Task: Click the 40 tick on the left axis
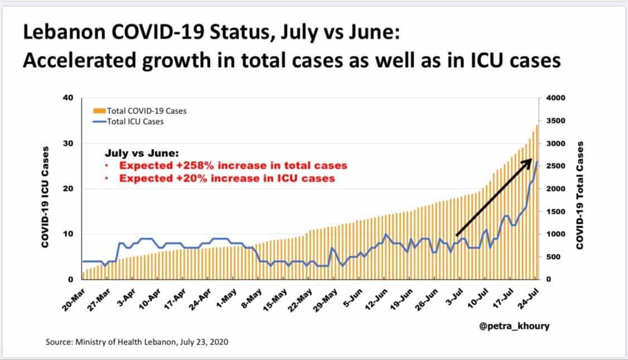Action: tap(70, 98)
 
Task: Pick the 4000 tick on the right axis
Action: tap(555, 98)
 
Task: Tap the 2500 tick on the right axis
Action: tap(555, 166)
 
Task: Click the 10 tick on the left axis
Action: tap(70, 234)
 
